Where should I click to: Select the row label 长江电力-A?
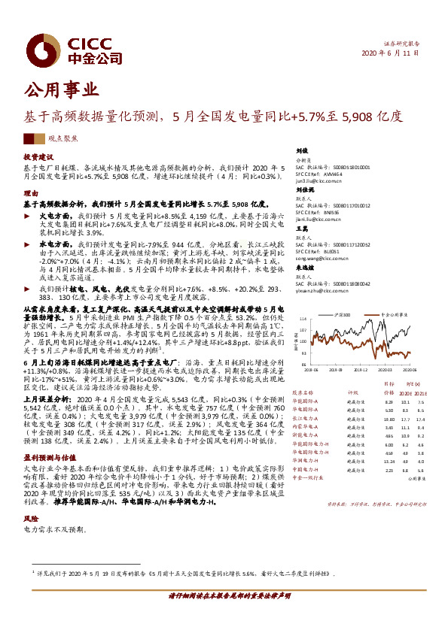tap(306, 418)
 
